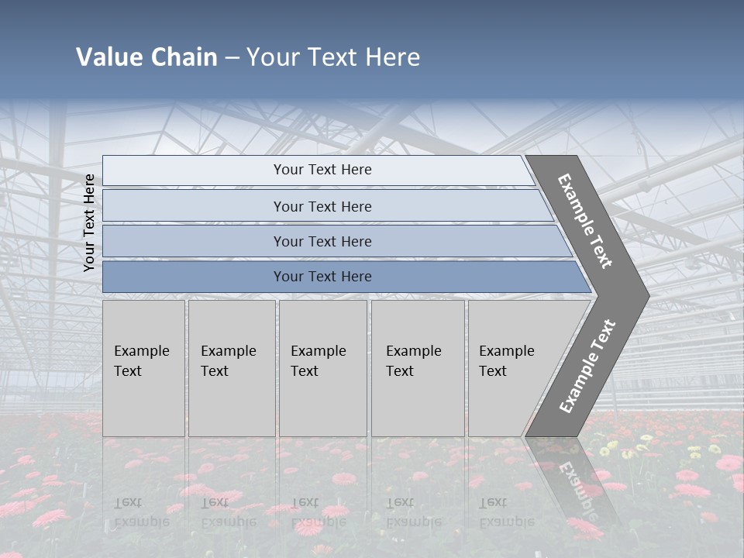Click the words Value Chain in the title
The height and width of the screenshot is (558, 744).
146,57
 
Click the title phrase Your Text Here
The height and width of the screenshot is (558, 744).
333,57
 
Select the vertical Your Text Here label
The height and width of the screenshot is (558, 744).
89,222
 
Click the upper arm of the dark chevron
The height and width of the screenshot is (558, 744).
585,221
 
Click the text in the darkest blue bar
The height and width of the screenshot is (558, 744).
322,277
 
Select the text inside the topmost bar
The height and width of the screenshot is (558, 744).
322,170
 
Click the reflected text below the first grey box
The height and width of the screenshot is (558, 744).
142,512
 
